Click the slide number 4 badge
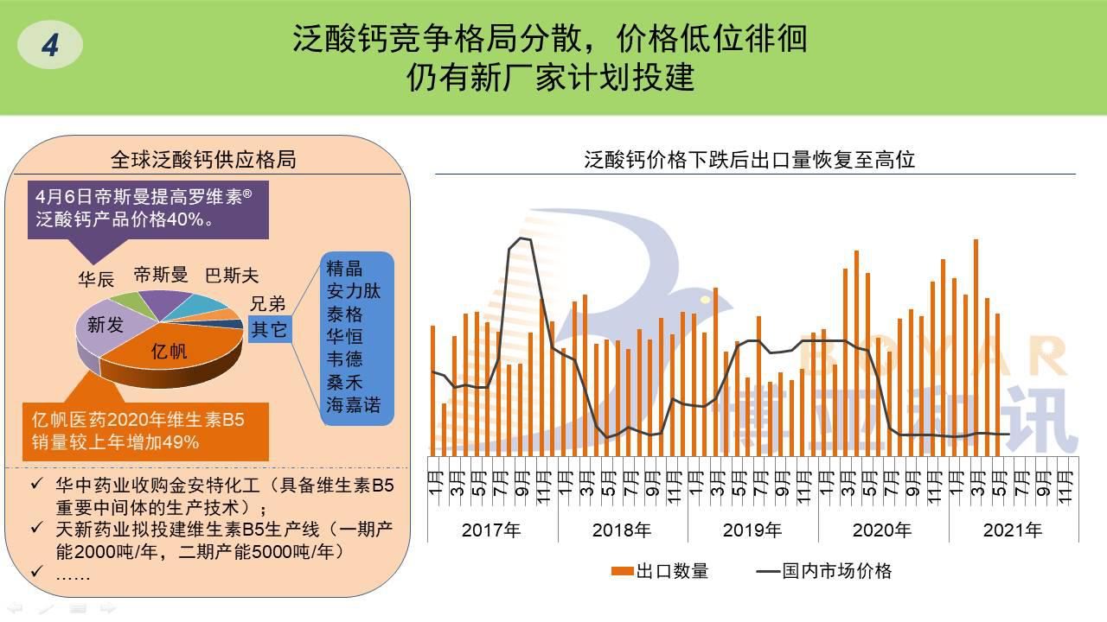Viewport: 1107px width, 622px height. click(50, 45)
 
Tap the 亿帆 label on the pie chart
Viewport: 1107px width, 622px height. click(169, 352)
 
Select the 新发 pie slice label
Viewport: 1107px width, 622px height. click(106, 324)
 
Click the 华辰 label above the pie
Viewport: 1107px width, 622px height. click(96, 280)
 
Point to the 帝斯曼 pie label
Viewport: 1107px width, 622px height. click(161, 276)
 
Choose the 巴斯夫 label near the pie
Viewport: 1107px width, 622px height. click(232, 276)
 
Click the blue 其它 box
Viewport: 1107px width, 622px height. click(269, 329)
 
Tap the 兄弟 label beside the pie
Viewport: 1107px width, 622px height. click(267, 303)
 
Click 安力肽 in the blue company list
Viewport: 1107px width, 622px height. click(354, 290)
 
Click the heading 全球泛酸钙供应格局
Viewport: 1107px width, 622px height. click(203, 160)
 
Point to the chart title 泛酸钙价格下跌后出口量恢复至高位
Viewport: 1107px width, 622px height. click(749, 160)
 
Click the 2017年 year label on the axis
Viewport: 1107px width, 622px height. click(491, 530)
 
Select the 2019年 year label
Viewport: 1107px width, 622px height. click(752, 530)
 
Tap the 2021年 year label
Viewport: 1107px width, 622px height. click(1013, 530)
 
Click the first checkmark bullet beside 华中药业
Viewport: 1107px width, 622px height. click(36, 486)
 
